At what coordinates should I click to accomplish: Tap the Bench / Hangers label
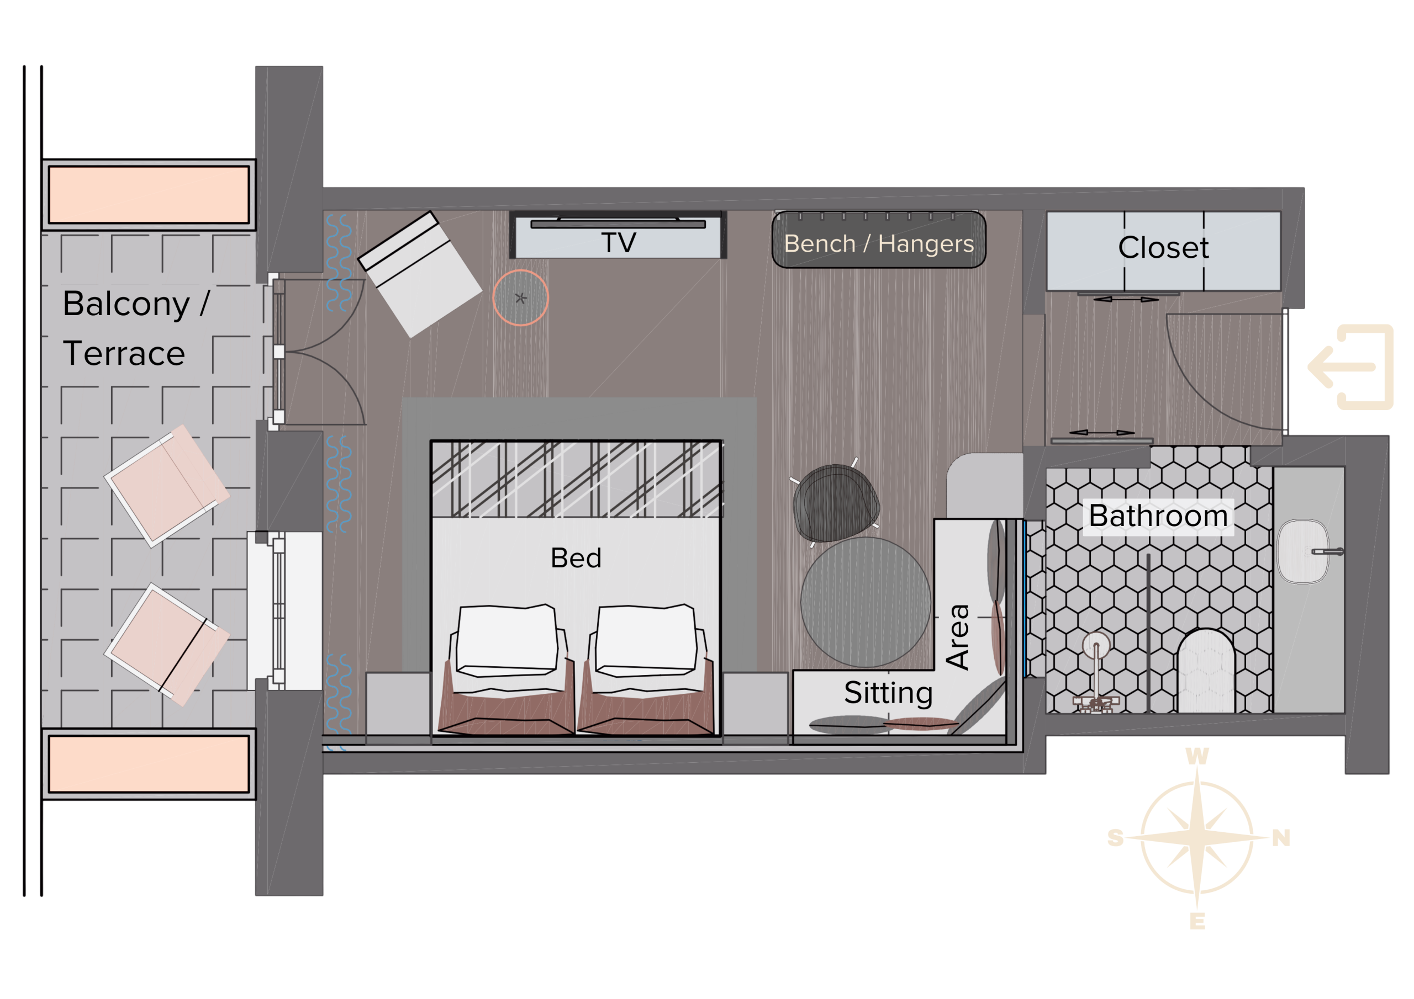pos(879,244)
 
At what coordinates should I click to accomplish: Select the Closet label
pos(1163,247)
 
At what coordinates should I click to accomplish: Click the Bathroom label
pos(1158,516)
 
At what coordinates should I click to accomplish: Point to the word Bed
pos(576,559)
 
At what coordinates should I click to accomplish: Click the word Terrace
pos(124,353)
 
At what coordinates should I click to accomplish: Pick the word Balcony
pos(126,304)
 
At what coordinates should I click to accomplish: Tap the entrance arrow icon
pos(1350,367)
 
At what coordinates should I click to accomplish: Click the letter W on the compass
pos(1197,757)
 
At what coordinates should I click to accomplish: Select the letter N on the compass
pos(1281,838)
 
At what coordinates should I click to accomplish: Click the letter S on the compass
pos(1115,838)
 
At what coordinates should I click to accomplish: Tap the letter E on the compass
pos(1197,921)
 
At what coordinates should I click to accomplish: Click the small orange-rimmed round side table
pos(520,298)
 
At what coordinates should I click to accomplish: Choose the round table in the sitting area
pos(866,602)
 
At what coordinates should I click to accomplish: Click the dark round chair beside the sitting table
pos(836,503)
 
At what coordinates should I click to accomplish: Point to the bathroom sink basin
pos(1302,551)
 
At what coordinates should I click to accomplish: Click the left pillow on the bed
pos(507,641)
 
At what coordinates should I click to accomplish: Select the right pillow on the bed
pos(646,641)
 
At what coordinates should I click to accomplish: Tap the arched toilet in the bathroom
pos(1206,671)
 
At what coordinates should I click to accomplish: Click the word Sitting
pos(888,694)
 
